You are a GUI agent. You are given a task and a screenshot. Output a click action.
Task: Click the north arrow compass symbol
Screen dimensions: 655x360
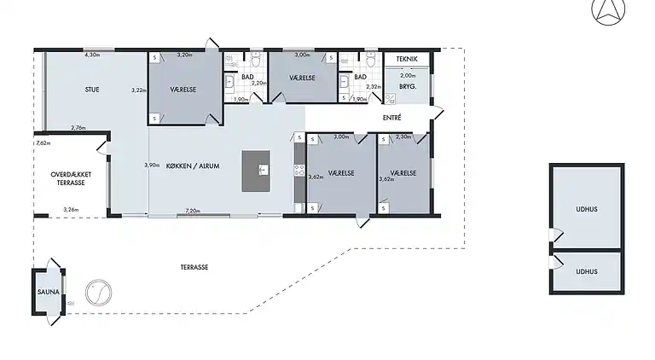coord(608,11)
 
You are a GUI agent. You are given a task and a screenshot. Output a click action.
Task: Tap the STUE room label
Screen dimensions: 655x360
coord(92,90)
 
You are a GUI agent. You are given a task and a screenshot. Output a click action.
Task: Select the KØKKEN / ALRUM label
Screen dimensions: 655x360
coord(193,165)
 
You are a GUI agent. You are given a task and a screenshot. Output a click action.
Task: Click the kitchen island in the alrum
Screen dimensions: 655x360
coord(256,171)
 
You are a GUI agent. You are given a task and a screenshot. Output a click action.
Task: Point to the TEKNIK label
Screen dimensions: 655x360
coord(407,59)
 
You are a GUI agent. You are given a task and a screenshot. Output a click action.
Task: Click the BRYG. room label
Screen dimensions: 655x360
coord(408,86)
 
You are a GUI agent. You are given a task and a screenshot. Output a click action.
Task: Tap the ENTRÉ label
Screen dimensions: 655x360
coord(391,118)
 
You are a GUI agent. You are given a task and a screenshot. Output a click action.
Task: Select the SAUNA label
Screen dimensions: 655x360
coord(49,292)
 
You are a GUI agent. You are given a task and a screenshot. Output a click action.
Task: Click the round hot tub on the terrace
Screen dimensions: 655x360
coord(99,293)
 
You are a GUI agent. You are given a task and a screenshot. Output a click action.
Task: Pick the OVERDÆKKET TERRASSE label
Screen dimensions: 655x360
coord(71,179)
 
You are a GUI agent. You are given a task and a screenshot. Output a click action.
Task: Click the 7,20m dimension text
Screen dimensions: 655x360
coord(193,211)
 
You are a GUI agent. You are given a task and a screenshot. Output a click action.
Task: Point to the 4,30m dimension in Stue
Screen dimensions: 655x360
coord(92,55)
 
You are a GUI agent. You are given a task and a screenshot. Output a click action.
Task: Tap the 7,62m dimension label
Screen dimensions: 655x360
coord(43,142)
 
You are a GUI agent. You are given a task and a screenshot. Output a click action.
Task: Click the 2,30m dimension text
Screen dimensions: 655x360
coord(403,136)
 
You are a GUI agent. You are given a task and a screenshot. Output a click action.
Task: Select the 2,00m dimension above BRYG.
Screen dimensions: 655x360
coord(408,76)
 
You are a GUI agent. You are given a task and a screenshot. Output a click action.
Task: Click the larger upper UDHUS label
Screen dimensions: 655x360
coord(587,209)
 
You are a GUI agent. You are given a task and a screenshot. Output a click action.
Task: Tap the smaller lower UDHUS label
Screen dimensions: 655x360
coord(587,271)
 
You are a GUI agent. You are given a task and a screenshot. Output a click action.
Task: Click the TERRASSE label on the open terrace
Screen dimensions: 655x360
coord(194,267)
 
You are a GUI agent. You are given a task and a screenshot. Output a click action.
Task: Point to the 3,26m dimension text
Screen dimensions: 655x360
coord(71,210)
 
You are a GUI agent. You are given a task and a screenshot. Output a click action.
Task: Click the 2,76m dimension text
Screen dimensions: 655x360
coord(78,128)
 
